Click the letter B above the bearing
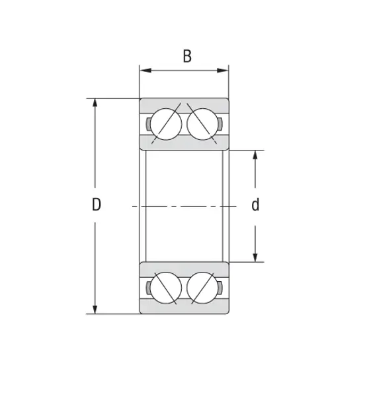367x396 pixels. click(x=187, y=56)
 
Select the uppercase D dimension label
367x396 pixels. click(x=96, y=205)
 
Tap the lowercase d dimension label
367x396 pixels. click(x=255, y=205)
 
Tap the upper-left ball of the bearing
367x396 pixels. click(x=165, y=123)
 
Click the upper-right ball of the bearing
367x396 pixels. click(x=202, y=123)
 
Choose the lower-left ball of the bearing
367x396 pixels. click(x=165, y=288)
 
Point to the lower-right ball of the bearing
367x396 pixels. click(x=202, y=288)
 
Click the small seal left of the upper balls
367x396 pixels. click(x=147, y=124)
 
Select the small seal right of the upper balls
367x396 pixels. click(x=221, y=124)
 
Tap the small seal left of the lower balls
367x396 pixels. click(x=147, y=288)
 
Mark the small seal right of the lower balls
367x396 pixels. click(x=221, y=288)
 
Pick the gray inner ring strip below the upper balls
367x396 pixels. click(x=184, y=145)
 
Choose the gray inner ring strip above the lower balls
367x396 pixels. click(x=184, y=267)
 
